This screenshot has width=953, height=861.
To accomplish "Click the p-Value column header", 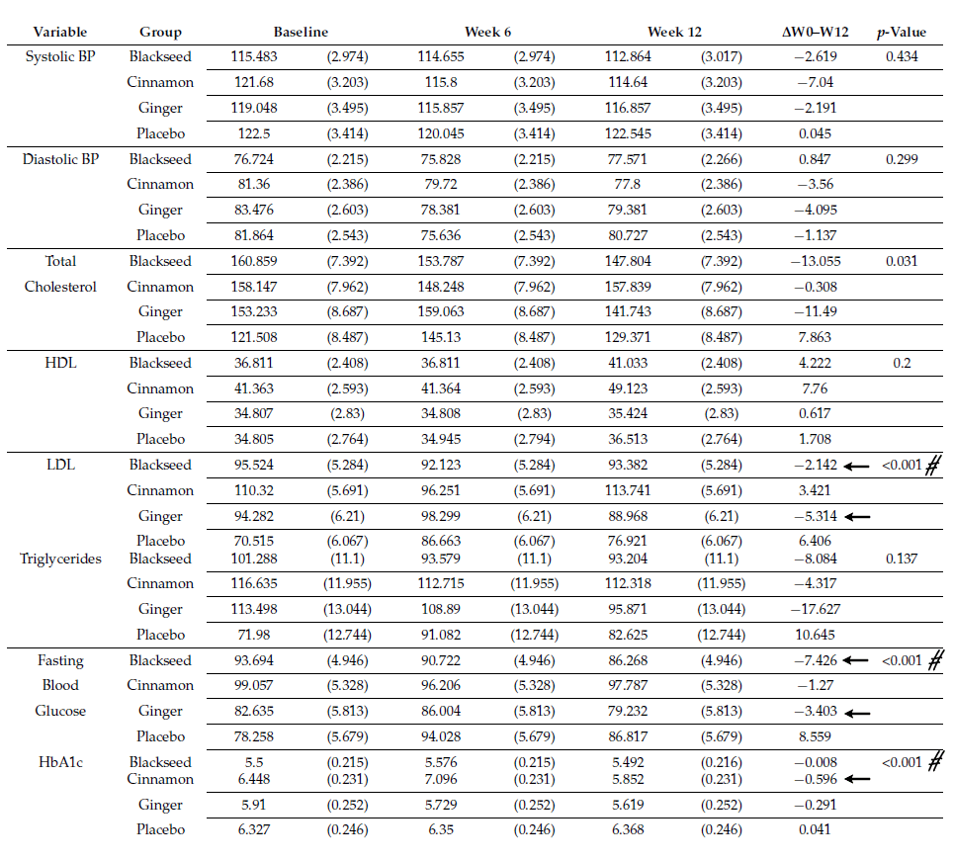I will [x=901, y=33].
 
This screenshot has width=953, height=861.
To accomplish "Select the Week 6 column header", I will [x=487, y=33].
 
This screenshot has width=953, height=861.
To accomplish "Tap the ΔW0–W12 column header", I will [x=816, y=33].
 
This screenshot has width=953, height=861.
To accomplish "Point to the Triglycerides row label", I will [x=61, y=559].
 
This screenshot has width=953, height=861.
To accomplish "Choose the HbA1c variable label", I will [x=61, y=762].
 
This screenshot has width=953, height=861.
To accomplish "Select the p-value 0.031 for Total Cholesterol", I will [x=901, y=261].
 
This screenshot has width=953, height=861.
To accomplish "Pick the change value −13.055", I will [x=816, y=261].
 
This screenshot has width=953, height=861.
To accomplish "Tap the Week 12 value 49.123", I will [x=628, y=388].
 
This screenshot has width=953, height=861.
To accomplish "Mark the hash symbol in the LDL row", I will [x=932, y=465].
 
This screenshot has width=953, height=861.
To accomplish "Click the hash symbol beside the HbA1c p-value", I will [x=932, y=762].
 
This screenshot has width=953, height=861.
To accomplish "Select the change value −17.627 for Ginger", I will [x=816, y=609].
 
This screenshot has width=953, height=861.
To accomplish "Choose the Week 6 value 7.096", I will [x=441, y=779].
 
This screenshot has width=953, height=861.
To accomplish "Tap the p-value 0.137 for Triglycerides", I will [x=901, y=559].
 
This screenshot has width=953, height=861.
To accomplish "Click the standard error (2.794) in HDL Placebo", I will [x=534, y=439].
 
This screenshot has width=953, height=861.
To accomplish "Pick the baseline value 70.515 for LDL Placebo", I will [x=254, y=541].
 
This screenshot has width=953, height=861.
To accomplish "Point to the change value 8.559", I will [x=816, y=736].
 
